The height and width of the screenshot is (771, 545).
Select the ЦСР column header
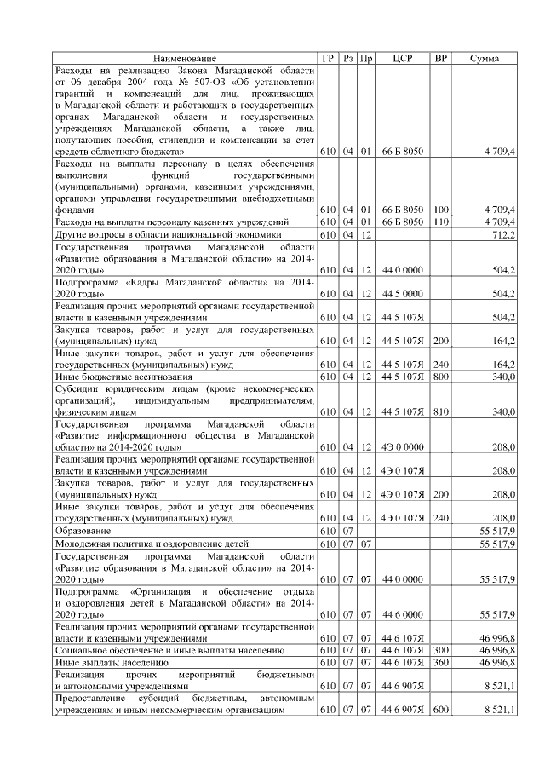[403, 58]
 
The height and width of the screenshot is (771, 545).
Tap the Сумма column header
[485, 58]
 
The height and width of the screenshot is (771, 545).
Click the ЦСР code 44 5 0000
[403, 294]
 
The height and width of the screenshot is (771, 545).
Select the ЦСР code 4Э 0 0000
[403, 447]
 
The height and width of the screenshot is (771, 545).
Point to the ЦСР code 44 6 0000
[403, 613]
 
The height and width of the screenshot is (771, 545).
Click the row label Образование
[83, 530]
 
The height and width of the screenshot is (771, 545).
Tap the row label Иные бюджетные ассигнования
[115, 377]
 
